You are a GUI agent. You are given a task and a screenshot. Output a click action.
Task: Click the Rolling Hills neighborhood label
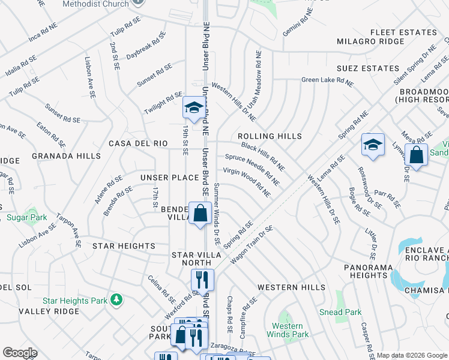click(270, 136)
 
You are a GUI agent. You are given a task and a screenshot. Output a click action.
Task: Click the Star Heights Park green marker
click(118, 299)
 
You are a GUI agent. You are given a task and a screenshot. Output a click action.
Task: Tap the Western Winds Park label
click(287, 330)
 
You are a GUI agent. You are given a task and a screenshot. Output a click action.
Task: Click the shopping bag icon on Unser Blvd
click(200, 213)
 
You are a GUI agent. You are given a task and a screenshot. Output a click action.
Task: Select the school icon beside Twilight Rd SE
click(193, 108)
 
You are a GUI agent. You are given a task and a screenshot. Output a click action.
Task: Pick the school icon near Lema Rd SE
click(373, 145)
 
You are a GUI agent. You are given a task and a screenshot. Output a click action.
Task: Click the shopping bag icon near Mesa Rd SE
click(416, 155)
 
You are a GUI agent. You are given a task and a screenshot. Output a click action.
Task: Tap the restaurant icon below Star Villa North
click(202, 280)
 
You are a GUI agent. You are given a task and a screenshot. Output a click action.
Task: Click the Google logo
click(19, 353)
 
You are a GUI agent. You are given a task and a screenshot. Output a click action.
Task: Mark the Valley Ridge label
click(49, 311)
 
